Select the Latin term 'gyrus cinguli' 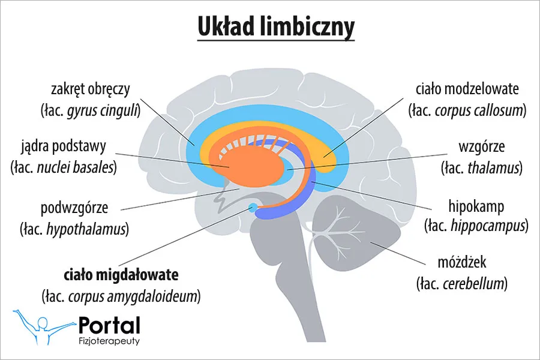[104, 110]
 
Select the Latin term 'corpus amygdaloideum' [134, 296]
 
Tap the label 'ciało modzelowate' [467, 90]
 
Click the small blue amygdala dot [253, 208]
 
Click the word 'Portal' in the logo [109, 325]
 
